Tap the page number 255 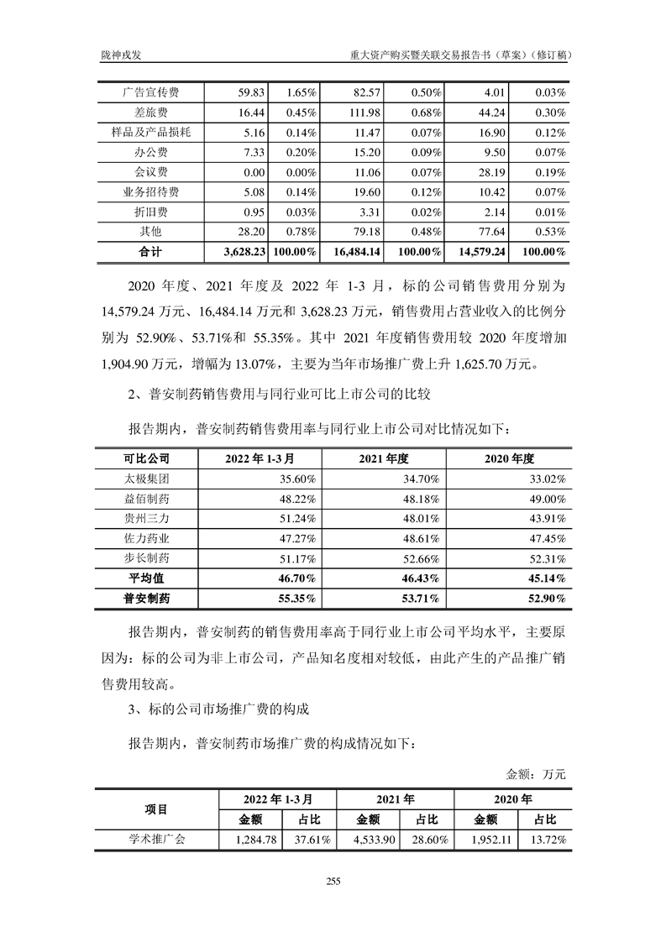[x=333, y=881]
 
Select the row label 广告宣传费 [x=151, y=92]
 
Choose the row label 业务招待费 [x=151, y=191]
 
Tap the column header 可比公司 [x=146, y=458]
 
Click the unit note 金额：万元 [x=536, y=773]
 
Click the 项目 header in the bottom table [x=156, y=809]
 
